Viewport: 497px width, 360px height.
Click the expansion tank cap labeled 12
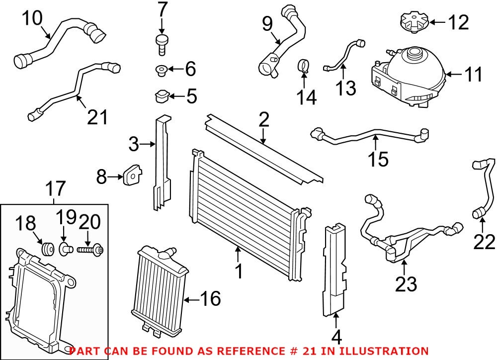pos(413,22)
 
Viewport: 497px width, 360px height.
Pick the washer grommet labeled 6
pos(161,69)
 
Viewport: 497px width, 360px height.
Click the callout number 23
pos(406,284)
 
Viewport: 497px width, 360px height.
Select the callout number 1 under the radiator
pos(239,271)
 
